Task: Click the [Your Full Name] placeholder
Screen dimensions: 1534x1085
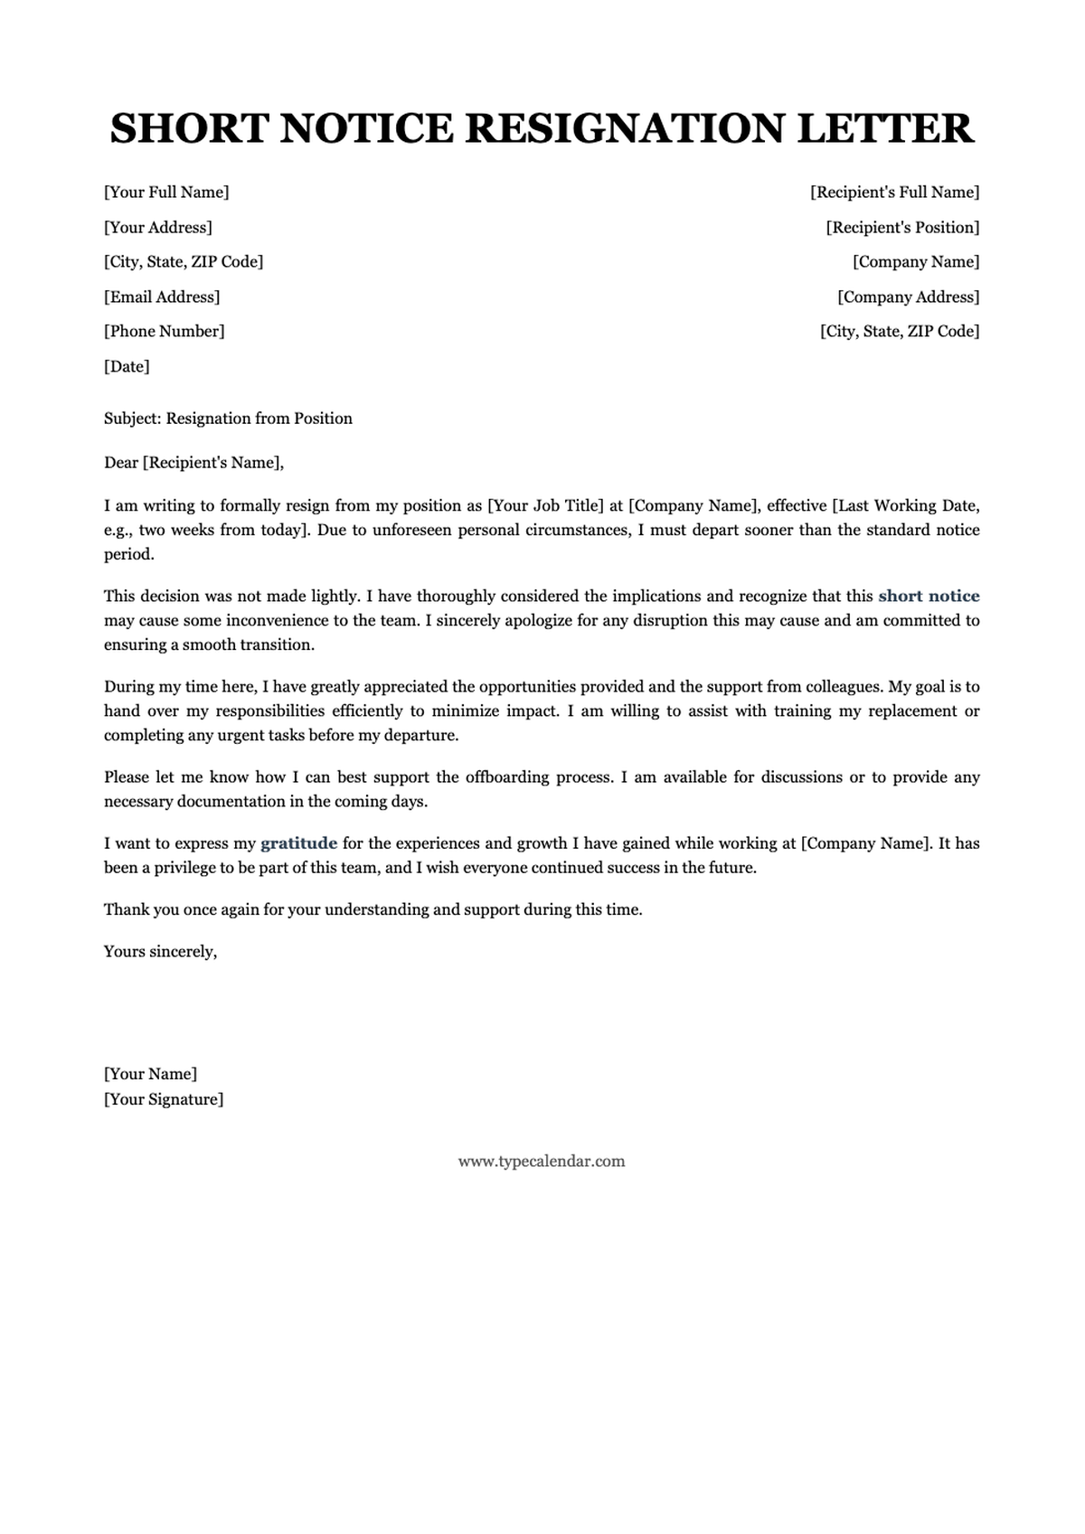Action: pos(166,192)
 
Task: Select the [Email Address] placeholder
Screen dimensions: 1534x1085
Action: pos(162,296)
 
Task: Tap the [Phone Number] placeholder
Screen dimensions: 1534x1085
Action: pos(165,331)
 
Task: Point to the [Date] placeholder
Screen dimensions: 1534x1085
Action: pos(127,366)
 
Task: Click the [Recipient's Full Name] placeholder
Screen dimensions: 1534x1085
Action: pos(894,192)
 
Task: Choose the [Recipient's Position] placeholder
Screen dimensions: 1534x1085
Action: pos(902,227)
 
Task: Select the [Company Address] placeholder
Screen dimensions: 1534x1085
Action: pos(908,296)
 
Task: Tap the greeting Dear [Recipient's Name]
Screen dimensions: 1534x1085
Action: pos(193,463)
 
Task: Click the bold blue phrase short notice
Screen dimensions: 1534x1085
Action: pos(929,596)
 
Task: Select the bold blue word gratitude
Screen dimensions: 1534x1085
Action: pos(298,843)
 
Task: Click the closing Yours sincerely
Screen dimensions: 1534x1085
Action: pos(160,951)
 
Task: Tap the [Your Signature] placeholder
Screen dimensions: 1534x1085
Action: pos(164,1099)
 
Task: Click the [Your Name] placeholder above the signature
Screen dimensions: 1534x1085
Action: pos(150,1074)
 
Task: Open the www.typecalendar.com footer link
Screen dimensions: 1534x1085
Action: pos(542,1162)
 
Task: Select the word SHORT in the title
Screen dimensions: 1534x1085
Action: pos(190,128)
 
